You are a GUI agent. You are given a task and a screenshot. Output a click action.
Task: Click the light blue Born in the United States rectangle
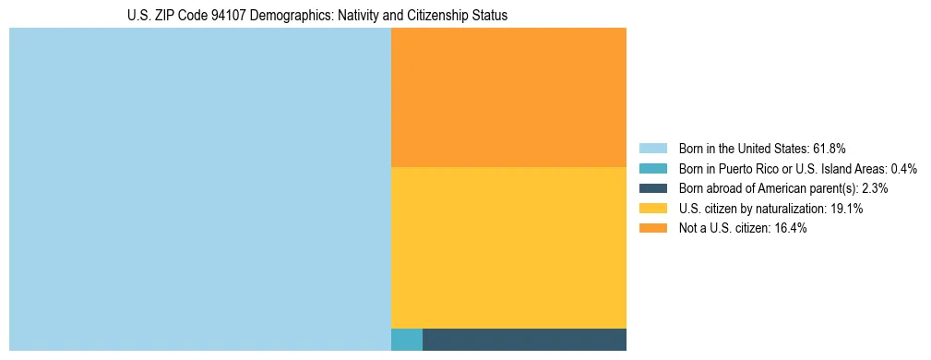[x=199, y=189]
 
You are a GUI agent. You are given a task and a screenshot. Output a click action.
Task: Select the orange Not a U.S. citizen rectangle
[x=508, y=97]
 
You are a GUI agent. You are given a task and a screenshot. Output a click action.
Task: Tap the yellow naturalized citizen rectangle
[x=508, y=247]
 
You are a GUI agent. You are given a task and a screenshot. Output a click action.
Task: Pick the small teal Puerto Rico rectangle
[x=407, y=340]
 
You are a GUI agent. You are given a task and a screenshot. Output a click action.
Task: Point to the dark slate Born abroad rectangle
[x=524, y=340]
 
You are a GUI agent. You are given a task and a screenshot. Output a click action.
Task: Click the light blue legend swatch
[x=652, y=148]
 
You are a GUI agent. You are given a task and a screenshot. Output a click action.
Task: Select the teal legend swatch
[x=652, y=168]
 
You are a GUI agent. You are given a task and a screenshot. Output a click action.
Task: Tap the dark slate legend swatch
[x=652, y=188]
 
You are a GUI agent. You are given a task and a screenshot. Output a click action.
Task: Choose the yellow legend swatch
[x=652, y=209]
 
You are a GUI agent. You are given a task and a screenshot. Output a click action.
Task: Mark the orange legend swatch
[x=652, y=228]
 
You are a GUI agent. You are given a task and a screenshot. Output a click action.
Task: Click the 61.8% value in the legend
[x=829, y=148]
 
